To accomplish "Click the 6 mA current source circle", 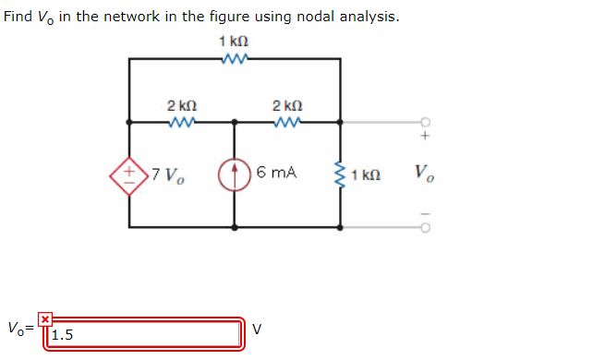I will click(234, 173).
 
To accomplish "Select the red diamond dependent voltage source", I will click(130, 173).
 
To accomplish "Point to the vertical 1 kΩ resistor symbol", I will click(342, 173).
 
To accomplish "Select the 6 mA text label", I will click(277, 172).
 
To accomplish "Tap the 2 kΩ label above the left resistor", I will click(181, 104).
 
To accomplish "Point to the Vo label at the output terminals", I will click(424, 173).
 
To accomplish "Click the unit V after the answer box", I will click(258, 328).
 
